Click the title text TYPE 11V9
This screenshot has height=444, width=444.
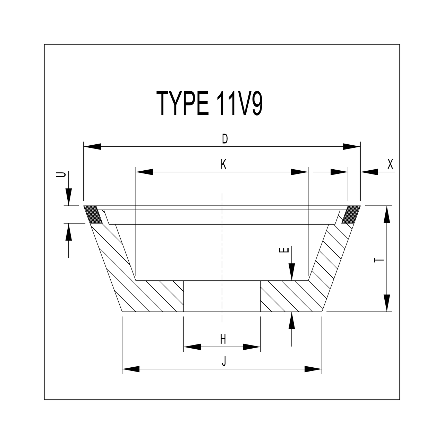tap(210, 103)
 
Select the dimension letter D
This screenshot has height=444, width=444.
tap(225, 139)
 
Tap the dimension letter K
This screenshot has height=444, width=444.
tap(223, 164)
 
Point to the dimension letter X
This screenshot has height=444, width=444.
tap(390, 164)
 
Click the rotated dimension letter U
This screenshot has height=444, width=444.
tap(61, 174)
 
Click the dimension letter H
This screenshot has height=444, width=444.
tap(223, 339)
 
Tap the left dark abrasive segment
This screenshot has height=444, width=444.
tap(93, 214)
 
